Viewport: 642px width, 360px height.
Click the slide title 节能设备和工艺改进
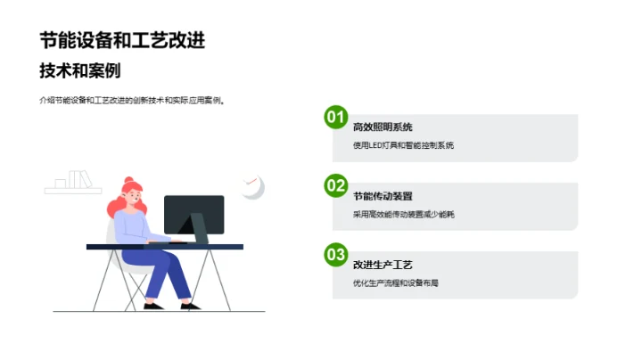[128, 40]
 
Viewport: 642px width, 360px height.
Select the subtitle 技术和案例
[80, 70]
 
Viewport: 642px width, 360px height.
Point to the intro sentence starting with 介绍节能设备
[133, 101]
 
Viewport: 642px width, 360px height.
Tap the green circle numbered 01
[335, 117]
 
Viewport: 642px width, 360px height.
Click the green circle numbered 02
[335, 185]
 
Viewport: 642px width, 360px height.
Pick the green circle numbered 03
[335, 255]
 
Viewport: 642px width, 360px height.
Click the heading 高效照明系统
[383, 127]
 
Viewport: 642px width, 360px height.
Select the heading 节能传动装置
[383, 196]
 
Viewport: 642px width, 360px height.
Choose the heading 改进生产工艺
[383, 265]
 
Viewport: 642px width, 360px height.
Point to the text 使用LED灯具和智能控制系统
[404, 145]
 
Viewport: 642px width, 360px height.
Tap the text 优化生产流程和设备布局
[397, 282]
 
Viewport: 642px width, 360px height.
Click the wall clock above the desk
[252, 186]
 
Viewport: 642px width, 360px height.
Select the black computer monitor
[194, 214]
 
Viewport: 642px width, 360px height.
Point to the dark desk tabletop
[165, 246]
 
